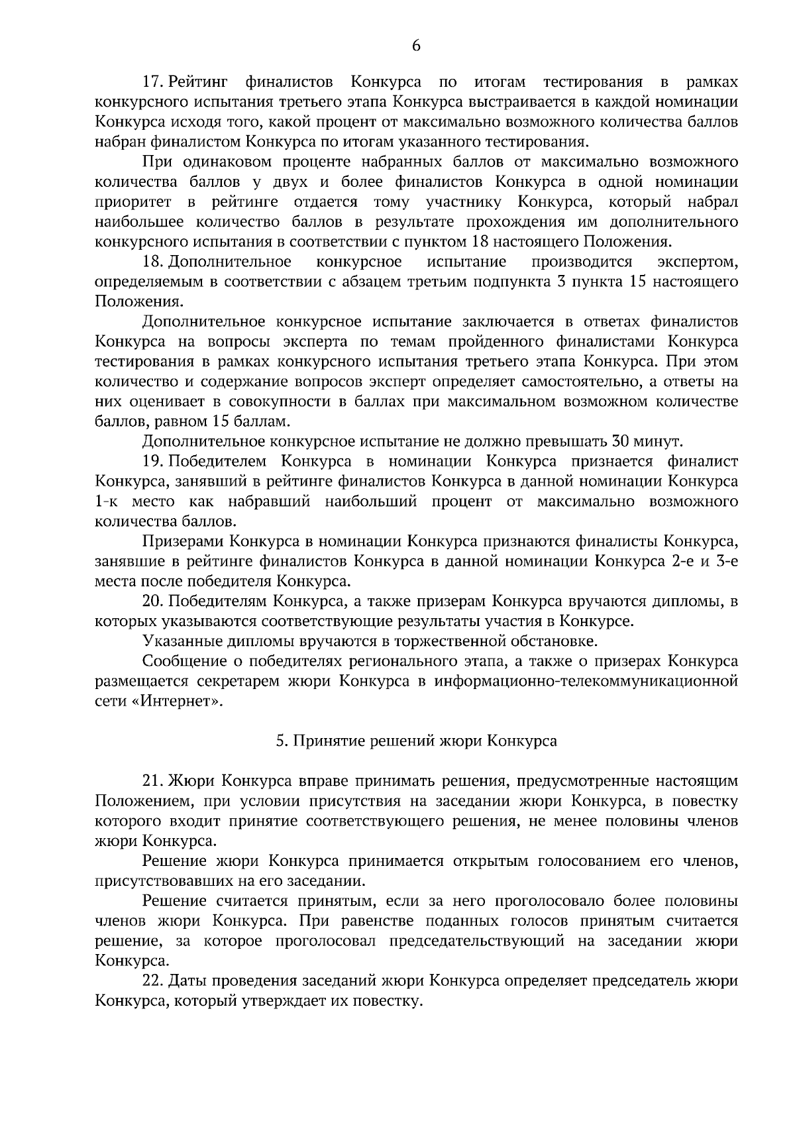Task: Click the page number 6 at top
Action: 416,46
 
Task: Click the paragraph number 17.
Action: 154,82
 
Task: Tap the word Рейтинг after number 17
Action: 199,82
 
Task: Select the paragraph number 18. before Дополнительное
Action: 154,262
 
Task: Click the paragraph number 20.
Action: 154,602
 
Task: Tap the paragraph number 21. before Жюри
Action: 154,782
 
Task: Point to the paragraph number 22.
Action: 154,981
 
